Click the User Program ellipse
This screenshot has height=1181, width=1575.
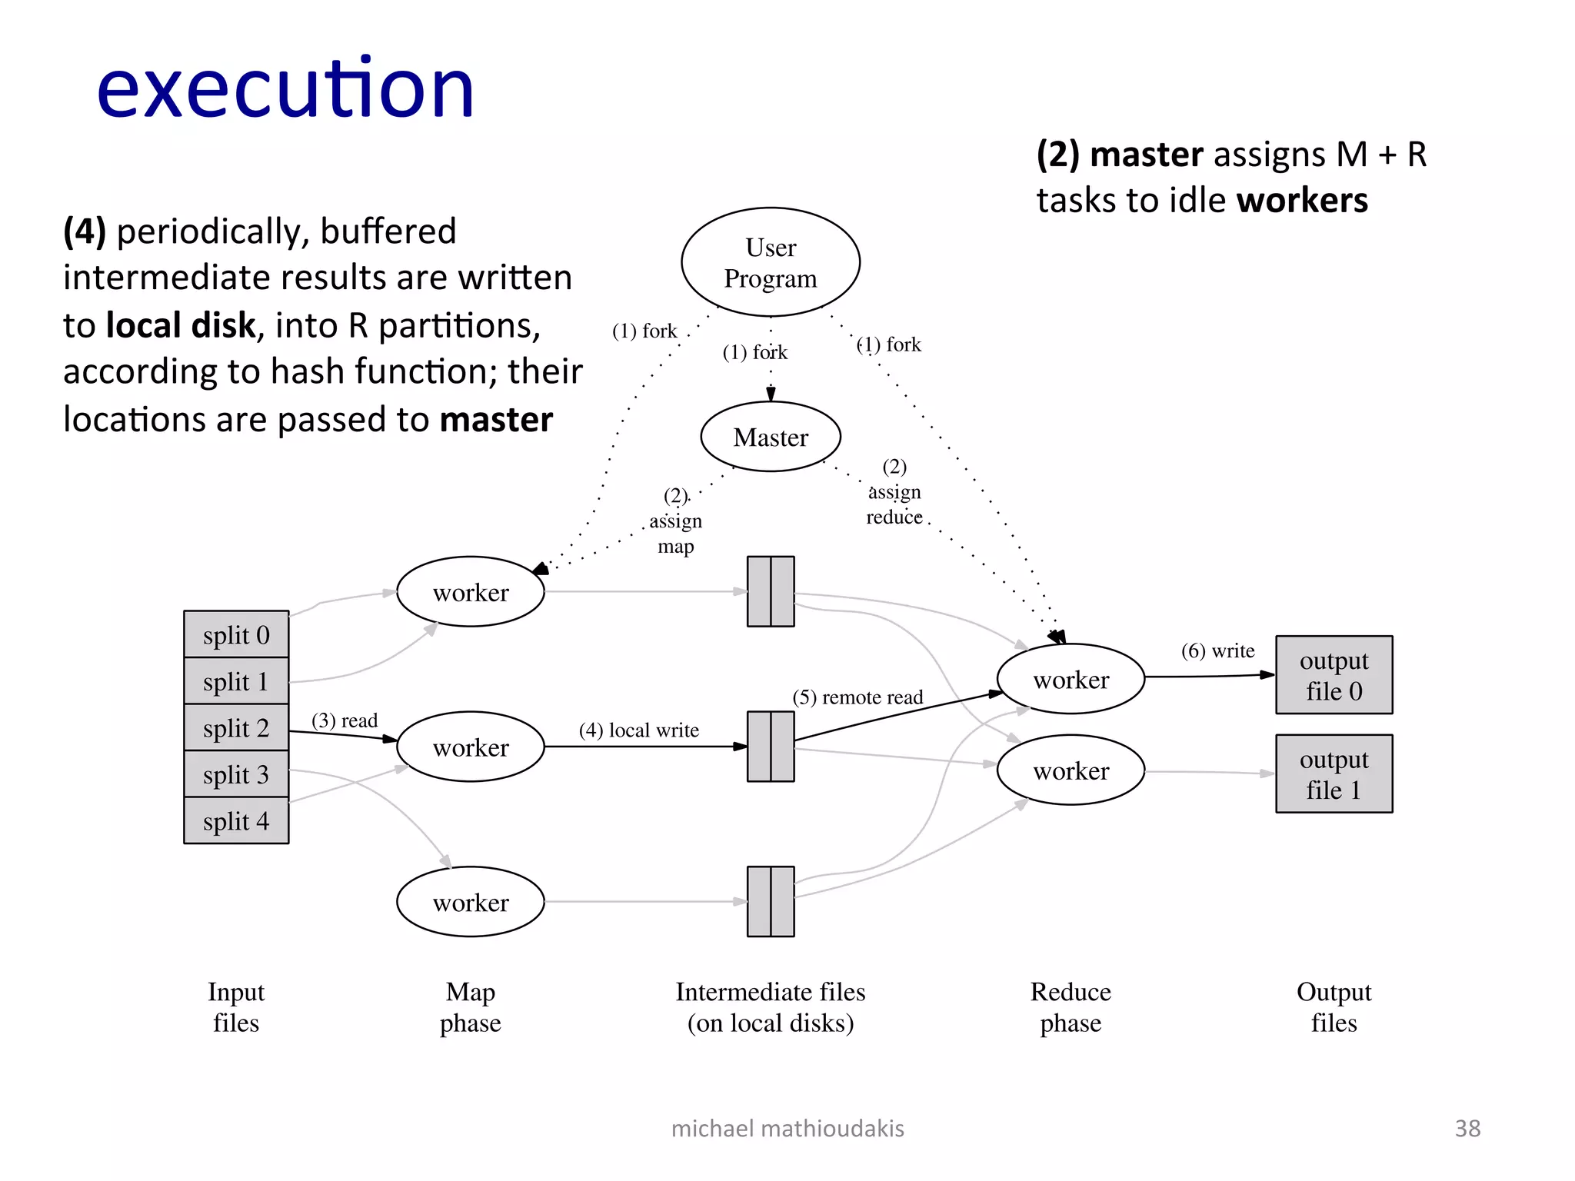pos(771,262)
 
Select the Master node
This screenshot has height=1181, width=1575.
pos(771,437)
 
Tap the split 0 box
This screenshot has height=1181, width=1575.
pos(236,635)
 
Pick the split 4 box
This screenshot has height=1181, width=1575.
pos(236,821)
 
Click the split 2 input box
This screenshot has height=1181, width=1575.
pos(236,727)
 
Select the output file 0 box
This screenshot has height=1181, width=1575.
pos(1334,675)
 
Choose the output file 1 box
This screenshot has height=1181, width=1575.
pos(1334,773)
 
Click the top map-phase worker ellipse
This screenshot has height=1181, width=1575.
pos(471,592)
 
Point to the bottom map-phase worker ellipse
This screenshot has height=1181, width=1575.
pos(471,902)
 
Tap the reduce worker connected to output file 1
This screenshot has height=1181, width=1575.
pos(1071,770)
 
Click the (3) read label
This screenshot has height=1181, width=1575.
pos(345,720)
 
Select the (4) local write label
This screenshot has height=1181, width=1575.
pos(639,730)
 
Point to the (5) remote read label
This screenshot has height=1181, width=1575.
pos(857,697)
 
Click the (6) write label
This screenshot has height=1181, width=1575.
pos(1217,651)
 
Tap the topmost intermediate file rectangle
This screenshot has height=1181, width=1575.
pos(771,591)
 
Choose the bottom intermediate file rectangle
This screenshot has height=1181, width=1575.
pos(771,901)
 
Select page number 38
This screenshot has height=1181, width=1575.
pos(1467,1128)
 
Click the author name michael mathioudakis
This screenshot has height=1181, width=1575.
pos(787,1128)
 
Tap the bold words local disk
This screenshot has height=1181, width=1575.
pos(180,325)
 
